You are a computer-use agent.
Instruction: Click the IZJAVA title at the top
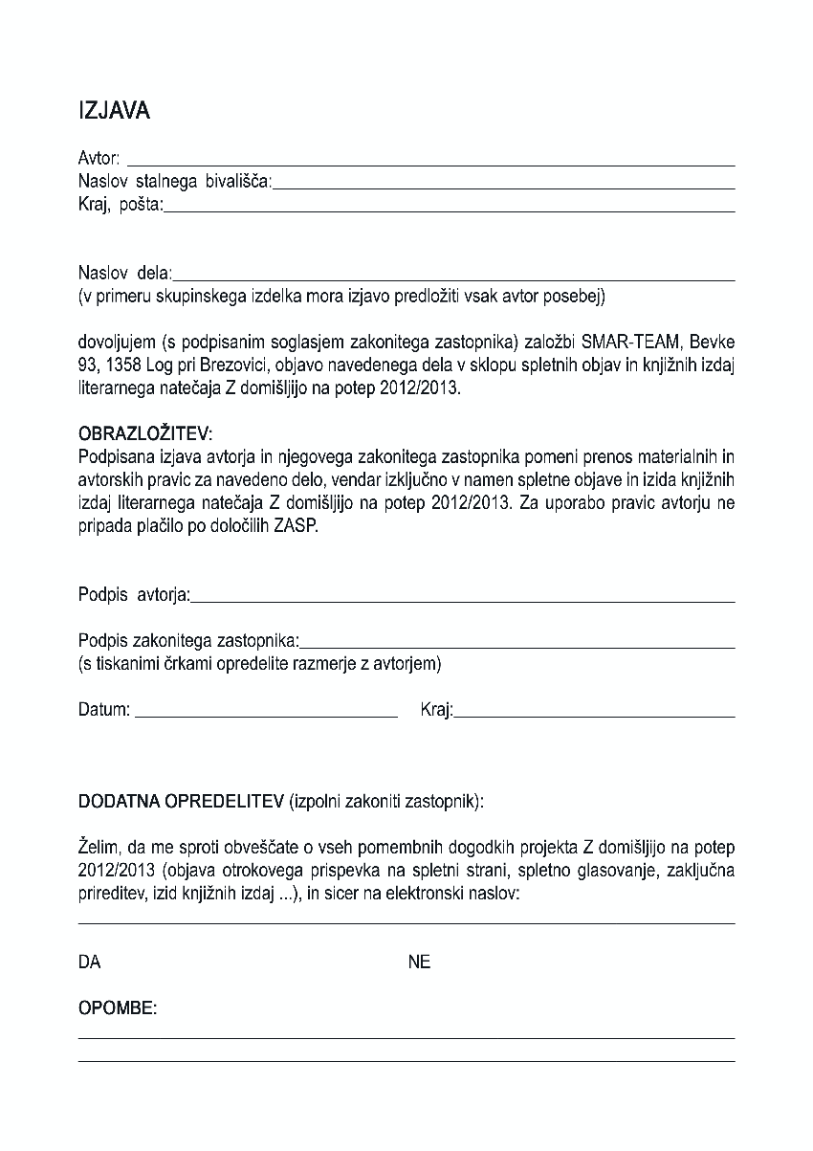click(114, 111)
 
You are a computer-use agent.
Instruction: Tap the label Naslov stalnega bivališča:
click(174, 181)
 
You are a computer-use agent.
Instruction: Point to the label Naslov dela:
click(124, 274)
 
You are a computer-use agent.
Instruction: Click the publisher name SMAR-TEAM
click(630, 343)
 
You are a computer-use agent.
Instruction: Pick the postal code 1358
click(118, 365)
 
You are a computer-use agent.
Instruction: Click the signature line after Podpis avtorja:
click(463, 599)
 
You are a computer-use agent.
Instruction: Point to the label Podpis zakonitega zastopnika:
click(188, 640)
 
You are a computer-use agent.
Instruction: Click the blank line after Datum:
click(266, 714)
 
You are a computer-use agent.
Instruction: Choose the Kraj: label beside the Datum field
click(436, 710)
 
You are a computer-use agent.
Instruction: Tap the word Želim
click(98, 847)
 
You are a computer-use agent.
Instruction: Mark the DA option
click(89, 963)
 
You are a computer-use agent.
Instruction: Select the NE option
click(419, 963)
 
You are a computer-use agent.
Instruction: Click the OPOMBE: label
click(118, 1009)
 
